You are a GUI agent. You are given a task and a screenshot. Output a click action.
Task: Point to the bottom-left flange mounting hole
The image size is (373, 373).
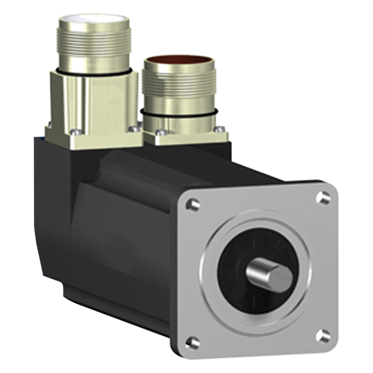click(x=192, y=343)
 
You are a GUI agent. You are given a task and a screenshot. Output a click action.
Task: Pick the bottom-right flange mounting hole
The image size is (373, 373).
click(x=322, y=336)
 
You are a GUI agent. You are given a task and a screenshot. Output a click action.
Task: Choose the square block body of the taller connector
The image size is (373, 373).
click(x=93, y=102)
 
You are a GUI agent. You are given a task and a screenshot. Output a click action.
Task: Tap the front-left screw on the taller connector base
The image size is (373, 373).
click(x=74, y=133)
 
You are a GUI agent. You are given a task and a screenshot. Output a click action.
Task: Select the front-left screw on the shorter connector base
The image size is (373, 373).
click(x=158, y=133)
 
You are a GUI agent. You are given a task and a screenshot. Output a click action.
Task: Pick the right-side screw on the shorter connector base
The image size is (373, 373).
click(x=220, y=129)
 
